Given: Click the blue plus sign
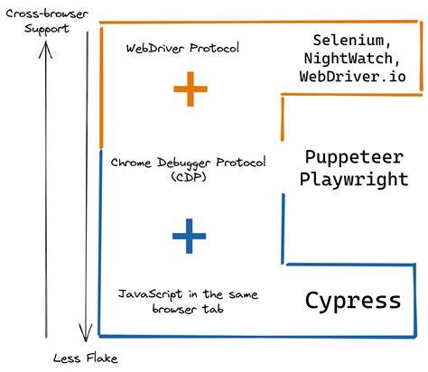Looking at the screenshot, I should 189,237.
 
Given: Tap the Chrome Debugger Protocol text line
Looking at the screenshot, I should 189,163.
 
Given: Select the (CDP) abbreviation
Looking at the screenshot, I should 188,177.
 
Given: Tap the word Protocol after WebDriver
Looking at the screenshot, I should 213,48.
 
